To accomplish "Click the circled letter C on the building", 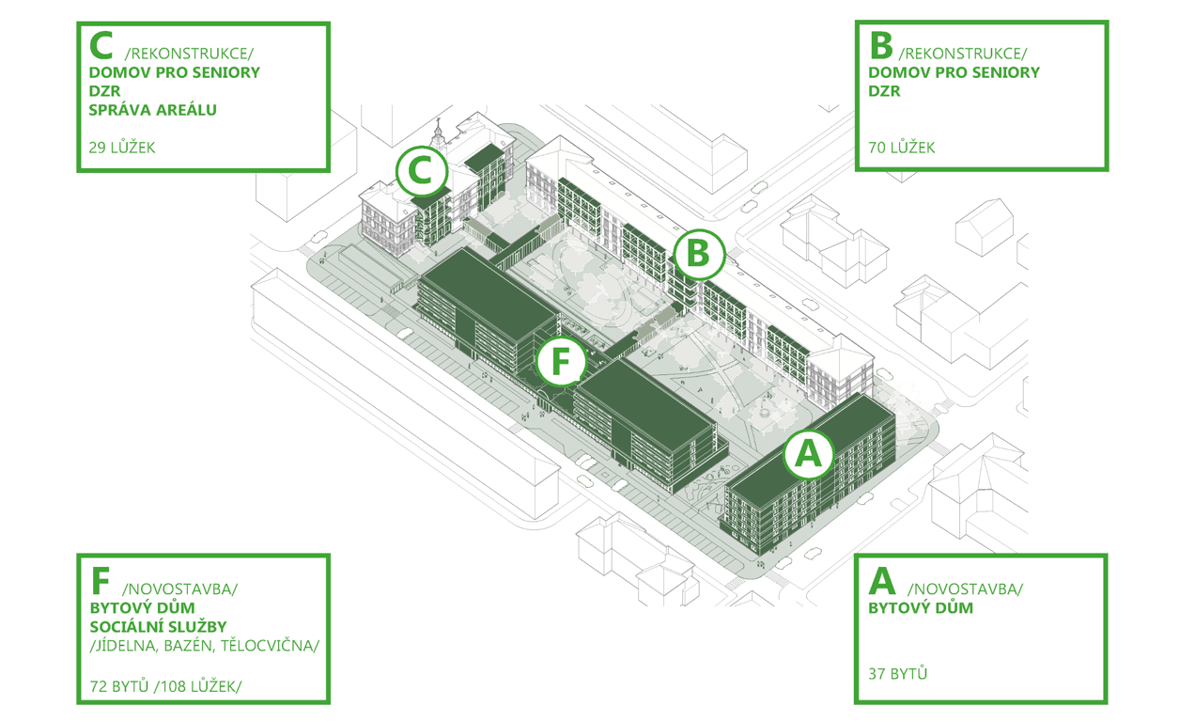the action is (x=422, y=171).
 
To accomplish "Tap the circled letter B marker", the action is (x=699, y=254).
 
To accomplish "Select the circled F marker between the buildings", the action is (x=561, y=362).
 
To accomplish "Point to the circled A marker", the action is (x=809, y=454).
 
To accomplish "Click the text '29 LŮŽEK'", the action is (x=121, y=148).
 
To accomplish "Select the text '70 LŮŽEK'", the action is (x=902, y=148).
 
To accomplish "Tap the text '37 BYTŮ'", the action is (x=897, y=674).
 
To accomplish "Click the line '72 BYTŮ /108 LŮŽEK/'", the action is (x=165, y=686).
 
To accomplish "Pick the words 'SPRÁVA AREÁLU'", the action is (x=152, y=110).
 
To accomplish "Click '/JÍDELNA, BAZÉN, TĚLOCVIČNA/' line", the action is (x=204, y=646).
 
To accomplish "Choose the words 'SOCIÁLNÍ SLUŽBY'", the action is (x=159, y=627).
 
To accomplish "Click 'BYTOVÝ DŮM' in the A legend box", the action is (x=921, y=608).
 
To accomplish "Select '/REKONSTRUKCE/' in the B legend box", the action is (x=963, y=54).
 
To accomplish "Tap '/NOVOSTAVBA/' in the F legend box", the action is (x=180, y=589).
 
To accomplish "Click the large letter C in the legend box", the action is (x=101, y=45).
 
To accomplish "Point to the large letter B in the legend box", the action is (x=881, y=45).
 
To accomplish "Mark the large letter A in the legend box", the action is (x=882, y=581).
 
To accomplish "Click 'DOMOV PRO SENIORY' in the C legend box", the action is (x=175, y=72).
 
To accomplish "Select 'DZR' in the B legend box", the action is (x=885, y=91).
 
